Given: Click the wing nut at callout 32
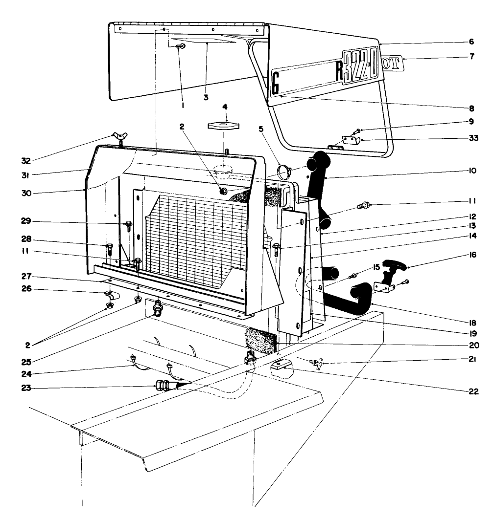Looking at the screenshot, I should (120, 136).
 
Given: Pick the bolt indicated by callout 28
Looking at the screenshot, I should (110, 247).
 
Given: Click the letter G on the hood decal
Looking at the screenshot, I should (275, 84).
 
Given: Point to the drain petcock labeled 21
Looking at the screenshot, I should (316, 363).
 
